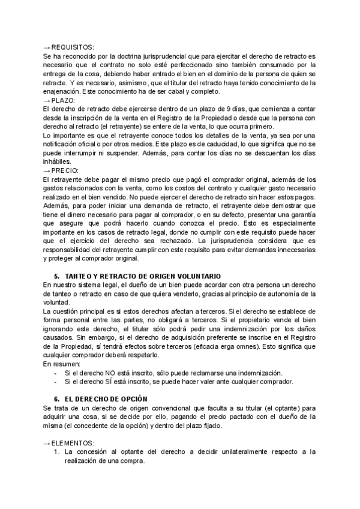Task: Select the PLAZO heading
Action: (x=64, y=100)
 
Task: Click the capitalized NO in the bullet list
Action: (x=109, y=373)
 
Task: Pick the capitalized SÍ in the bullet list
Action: (x=108, y=381)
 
